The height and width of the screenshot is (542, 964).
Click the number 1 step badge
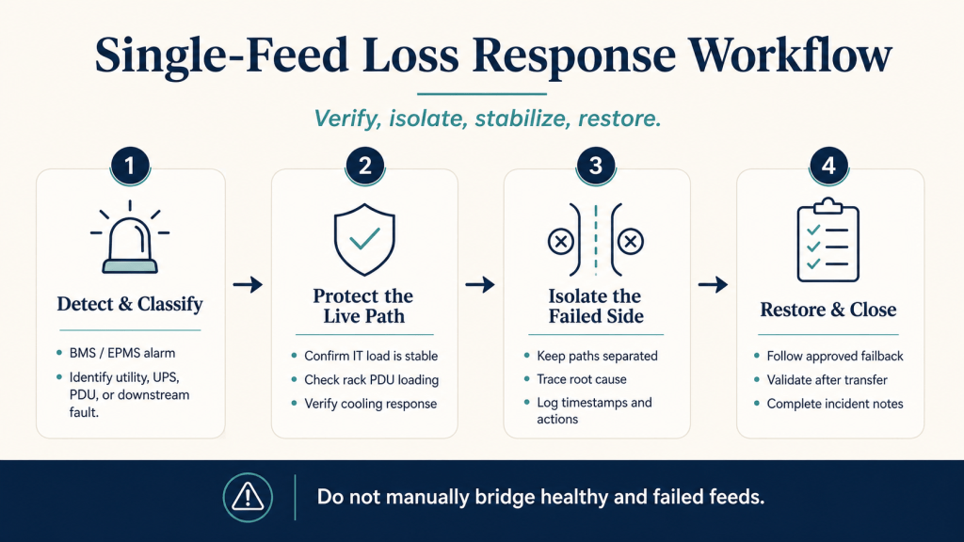(130, 166)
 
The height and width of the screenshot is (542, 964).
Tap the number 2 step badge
(364, 166)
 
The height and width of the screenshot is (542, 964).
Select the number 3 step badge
(596, 166)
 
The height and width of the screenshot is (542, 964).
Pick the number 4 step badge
(828, 166)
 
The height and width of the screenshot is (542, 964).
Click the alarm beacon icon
(130, 237)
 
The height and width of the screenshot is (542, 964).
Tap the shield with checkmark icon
(364, 240)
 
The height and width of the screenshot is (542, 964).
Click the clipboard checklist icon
(828, 240)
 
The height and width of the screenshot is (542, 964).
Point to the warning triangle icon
(248, 498)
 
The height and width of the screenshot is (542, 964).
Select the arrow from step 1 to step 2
(248, 284)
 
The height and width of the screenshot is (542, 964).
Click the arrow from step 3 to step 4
(714, 284)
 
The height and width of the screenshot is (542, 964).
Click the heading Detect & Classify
(130, 304)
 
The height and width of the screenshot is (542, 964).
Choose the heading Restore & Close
(828, 310)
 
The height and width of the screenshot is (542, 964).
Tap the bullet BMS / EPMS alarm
(121, 354)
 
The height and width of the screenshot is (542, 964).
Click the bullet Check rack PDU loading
(371, 380)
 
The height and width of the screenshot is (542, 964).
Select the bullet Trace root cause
(582, 380)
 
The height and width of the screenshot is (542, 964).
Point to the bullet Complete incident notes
(835, 405)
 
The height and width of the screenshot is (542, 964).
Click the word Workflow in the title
(790, 56)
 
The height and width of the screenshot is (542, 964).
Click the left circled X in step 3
(561, 242)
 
